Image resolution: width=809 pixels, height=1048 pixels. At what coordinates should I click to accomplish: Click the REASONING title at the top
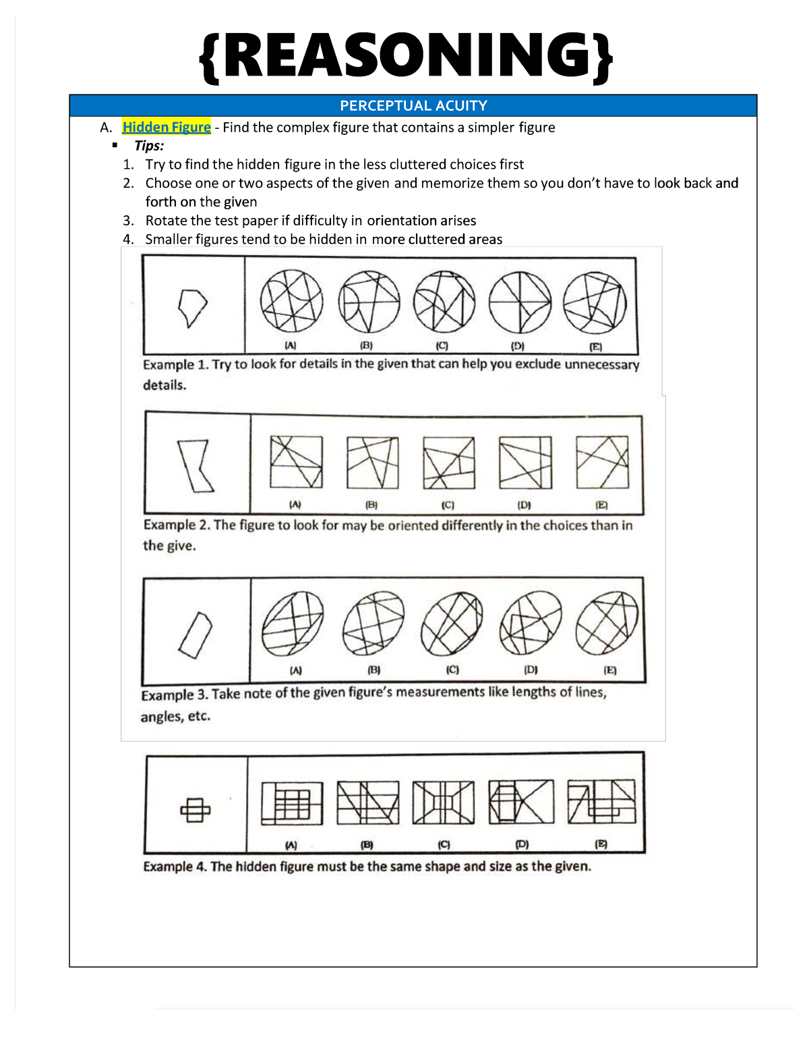(x=406, y=57)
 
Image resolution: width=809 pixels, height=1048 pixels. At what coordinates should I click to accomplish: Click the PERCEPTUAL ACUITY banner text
(x=413, y=106)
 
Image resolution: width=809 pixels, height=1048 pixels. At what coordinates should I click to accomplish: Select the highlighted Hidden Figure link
(x=167, y=128)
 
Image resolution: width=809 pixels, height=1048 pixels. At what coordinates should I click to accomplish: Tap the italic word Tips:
(x=149, y=146)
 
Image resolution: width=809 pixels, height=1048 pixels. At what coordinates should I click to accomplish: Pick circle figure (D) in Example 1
(x=520, y=302)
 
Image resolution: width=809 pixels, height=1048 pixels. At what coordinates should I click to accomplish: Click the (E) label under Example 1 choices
(x=596, y=347)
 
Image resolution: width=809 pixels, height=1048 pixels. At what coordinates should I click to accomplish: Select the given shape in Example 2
(x=195, y=466)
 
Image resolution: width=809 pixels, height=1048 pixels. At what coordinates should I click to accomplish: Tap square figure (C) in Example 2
(x=449, y=462)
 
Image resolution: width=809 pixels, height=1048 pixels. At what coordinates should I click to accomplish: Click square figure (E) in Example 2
(x=602, y=462)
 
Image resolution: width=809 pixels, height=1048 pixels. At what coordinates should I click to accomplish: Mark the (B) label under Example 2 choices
(x=371, y=504)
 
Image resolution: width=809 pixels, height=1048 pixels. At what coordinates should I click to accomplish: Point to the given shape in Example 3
(x=195, y=635)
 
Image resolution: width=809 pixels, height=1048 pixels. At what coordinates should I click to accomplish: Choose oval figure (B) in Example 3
(x=373, y=623)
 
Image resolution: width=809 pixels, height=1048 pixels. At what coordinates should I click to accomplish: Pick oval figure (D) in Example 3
(x=531, y=623)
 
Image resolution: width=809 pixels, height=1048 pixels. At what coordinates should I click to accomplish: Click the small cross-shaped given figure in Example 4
(x=195, y=809)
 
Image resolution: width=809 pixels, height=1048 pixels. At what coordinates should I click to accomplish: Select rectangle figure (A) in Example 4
(x=292, y=803)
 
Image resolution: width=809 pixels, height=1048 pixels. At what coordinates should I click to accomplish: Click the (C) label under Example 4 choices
(x=444, y=844)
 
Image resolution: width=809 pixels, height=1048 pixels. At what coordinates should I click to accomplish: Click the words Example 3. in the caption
(x=176, y=694)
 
